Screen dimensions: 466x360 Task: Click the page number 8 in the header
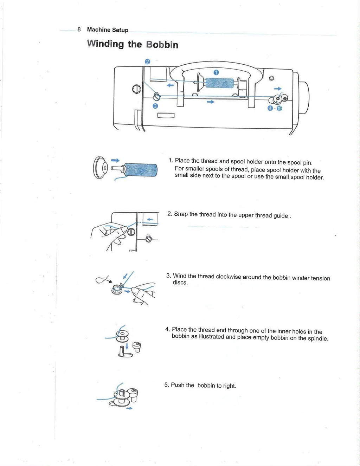click(x=79, y=30)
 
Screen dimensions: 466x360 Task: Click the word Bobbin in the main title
click(x=162, y=45)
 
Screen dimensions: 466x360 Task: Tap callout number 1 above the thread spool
click(x=216, y=72)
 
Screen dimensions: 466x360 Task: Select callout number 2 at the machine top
click(x=147, y=62)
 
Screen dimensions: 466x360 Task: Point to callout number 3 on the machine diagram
click(x=155, y=106)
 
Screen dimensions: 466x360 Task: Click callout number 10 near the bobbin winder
click(x=279, y=108)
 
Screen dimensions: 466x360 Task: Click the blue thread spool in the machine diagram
click(x=219, y=83)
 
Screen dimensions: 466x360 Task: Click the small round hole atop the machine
click(x=271, y=78)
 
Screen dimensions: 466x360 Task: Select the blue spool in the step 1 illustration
click(x=141, y=170)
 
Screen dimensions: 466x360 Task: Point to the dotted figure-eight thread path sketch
click(x=103, y=280)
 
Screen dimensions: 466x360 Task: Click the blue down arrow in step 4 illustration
click(x=127, y=347)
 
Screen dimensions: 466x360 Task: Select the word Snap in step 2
click(x=181, y=214)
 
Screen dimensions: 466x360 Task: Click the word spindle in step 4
click(x=317, y=338)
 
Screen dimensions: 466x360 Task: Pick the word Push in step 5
click(x=178, y=385)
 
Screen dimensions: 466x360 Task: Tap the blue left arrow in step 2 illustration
click(x=150, y=220)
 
